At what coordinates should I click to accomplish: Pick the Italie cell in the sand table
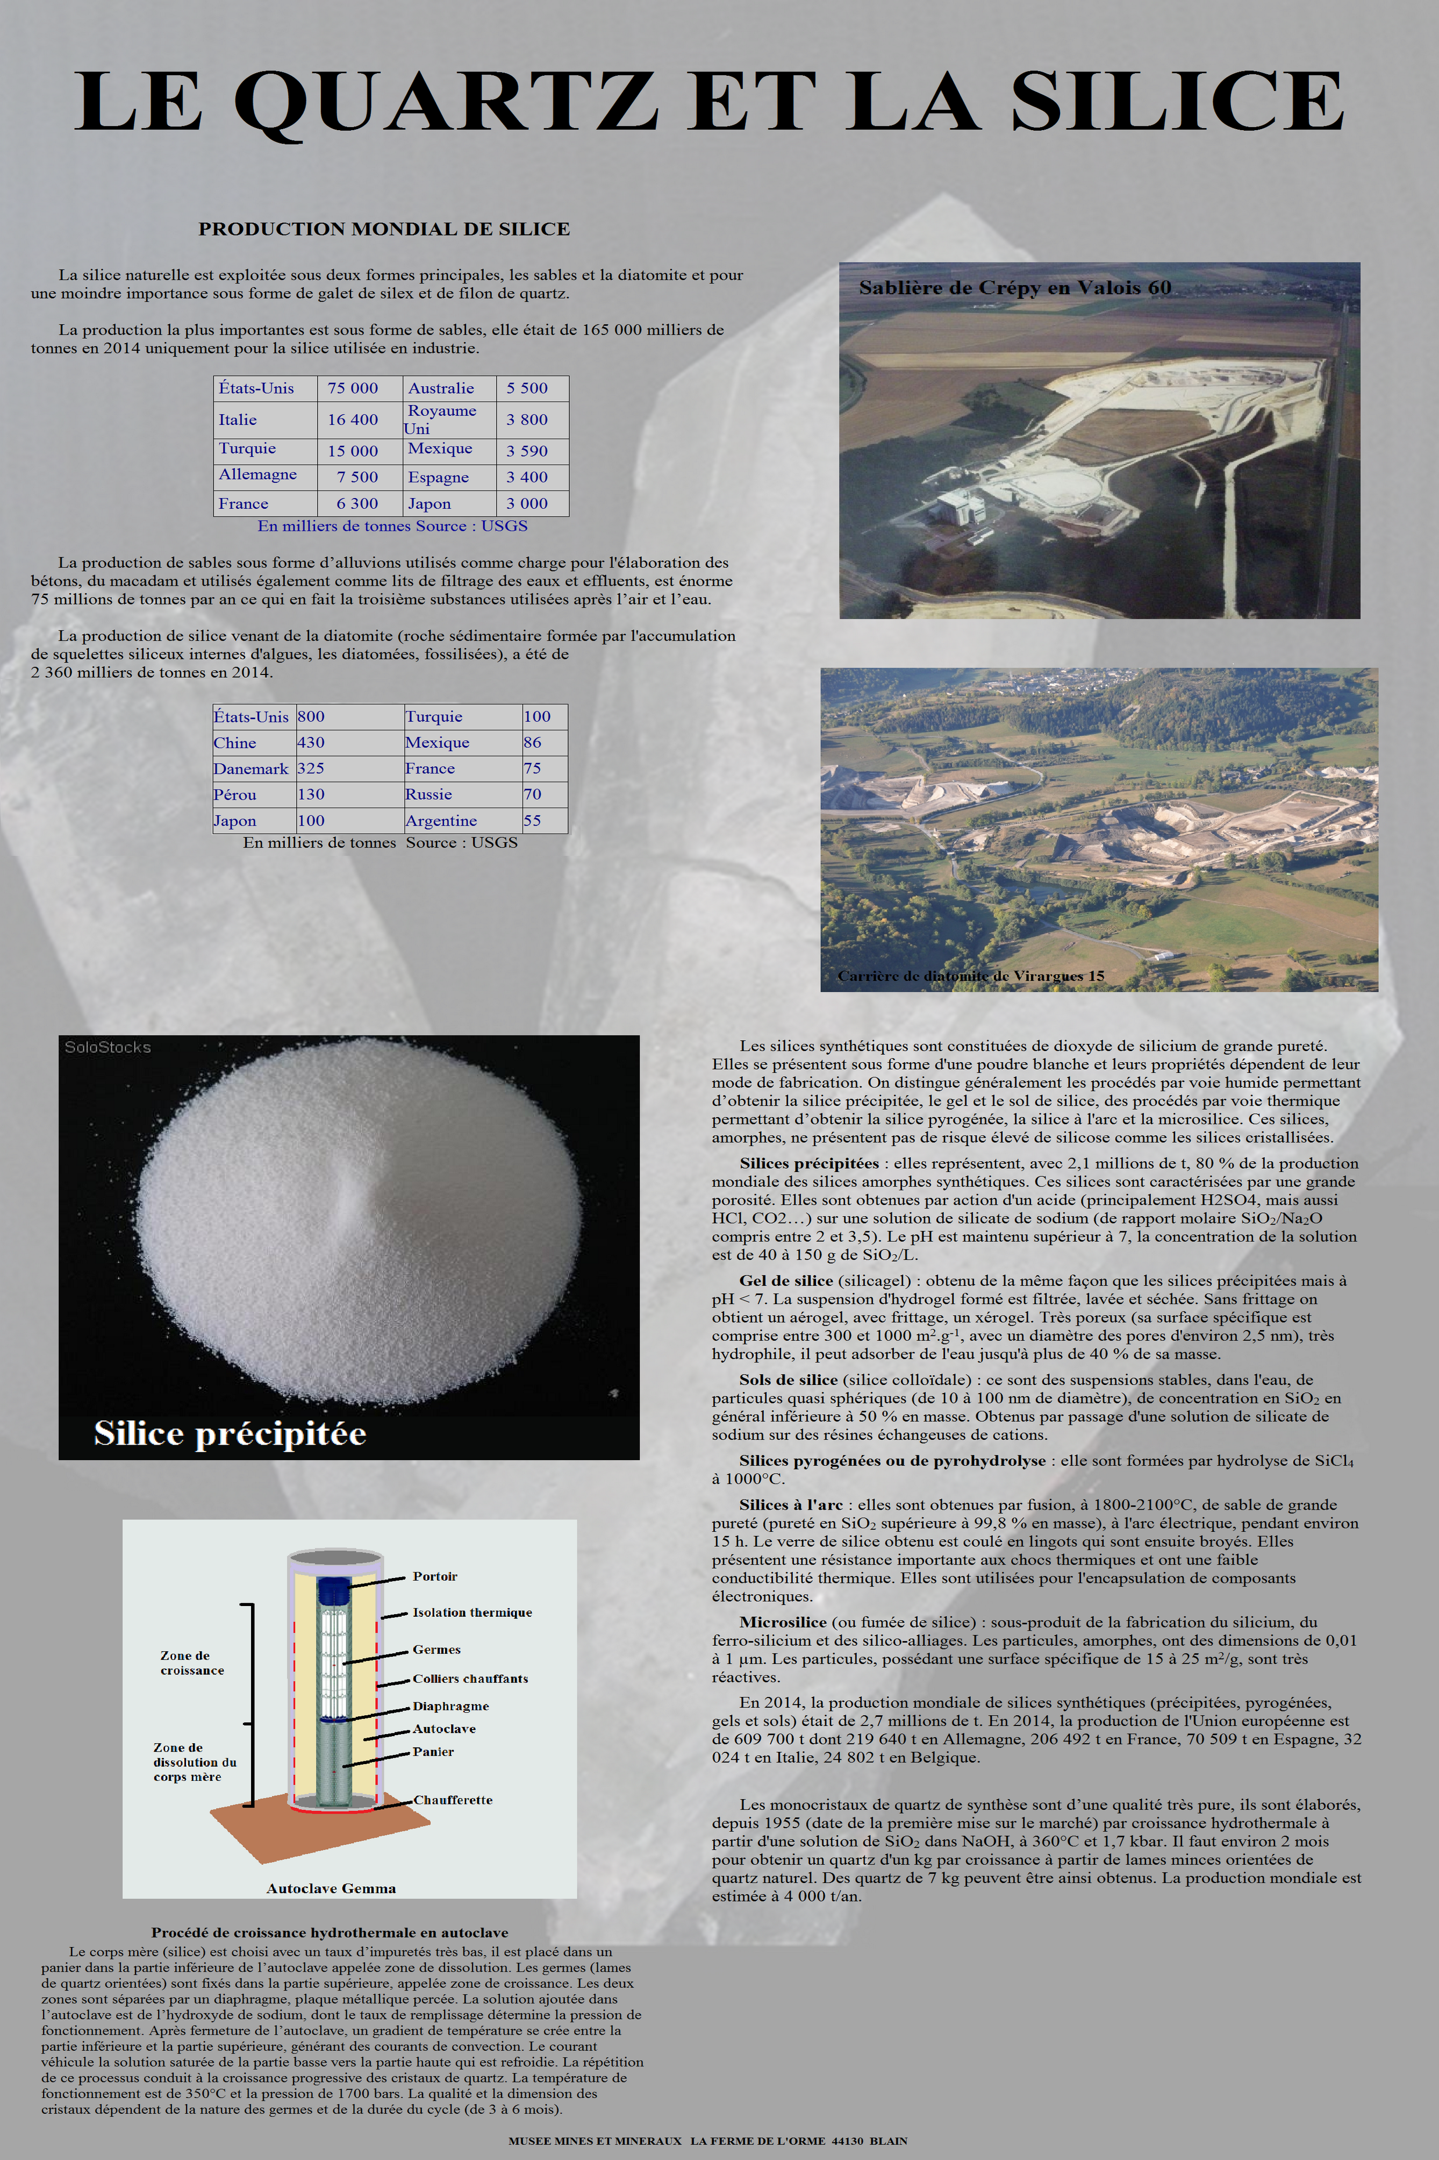pos(238,420)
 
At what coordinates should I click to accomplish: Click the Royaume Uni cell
pos(440,420)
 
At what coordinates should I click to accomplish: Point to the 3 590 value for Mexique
pos(527,451)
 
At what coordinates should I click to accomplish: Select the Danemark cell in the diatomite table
pos(250,769)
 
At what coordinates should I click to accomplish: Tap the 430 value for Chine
pos(311,743)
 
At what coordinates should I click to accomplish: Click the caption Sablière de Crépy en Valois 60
pos(1014,287)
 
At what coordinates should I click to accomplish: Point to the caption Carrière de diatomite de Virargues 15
pos(970,976)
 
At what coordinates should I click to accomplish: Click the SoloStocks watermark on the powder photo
pos(108,1047)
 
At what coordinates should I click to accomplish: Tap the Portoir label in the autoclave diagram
pos(434,1576)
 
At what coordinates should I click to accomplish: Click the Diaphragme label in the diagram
pos(450,1706)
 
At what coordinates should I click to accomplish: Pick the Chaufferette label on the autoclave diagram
pos(453,1799)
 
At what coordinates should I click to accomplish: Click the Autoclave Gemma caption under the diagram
pos(331,1888)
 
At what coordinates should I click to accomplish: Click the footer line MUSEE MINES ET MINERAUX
pos(707,2141)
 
